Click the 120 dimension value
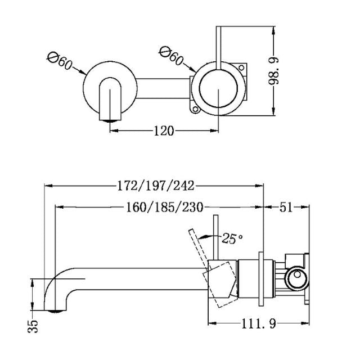163,130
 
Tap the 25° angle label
232,238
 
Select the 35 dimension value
34,325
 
